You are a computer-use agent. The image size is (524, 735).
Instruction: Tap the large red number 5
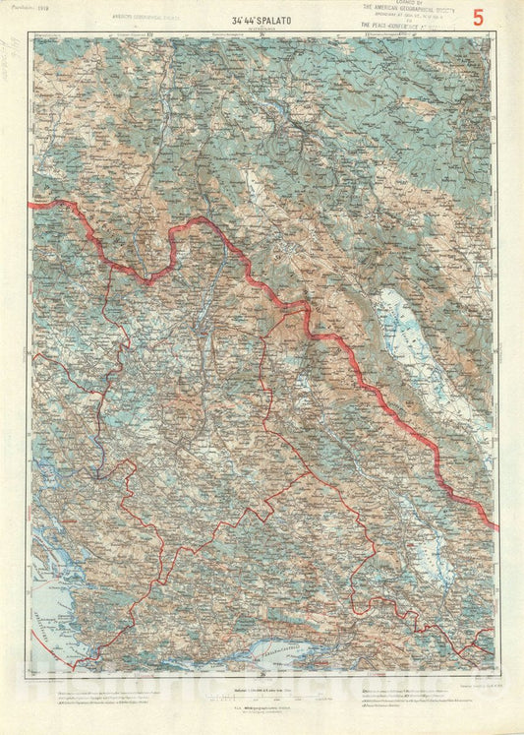click(479, 17)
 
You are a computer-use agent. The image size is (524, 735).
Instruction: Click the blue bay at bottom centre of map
click(280, 650)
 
